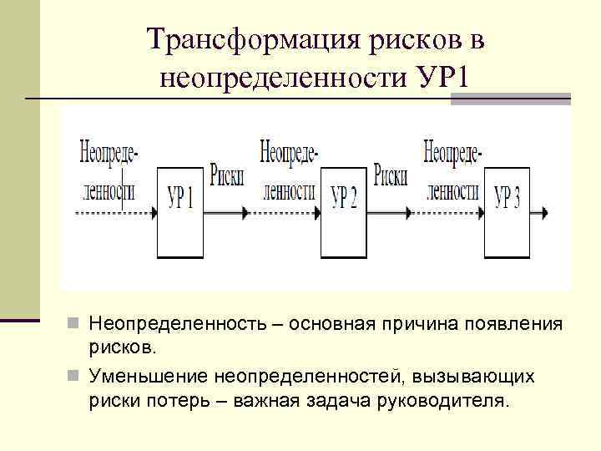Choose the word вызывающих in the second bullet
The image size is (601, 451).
click(x=470, y=378)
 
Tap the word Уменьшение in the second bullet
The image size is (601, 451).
click(x=147, y=378)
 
